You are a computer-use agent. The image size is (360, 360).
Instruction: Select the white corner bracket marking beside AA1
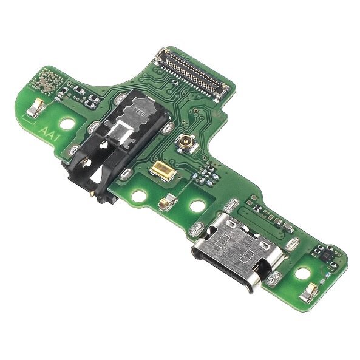click(27, 115)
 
